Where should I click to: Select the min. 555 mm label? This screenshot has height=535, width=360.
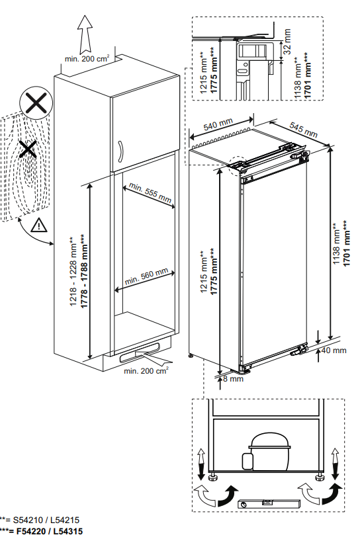coord(150,191)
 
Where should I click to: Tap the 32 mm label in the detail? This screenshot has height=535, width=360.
coord(287,41)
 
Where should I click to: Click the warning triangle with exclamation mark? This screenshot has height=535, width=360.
coord(40,225)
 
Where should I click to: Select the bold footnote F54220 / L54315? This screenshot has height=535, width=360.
coord(50,531)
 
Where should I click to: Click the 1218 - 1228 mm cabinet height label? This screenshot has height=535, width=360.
coord(74,272)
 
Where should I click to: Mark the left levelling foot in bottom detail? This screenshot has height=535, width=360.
coord(213,476)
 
